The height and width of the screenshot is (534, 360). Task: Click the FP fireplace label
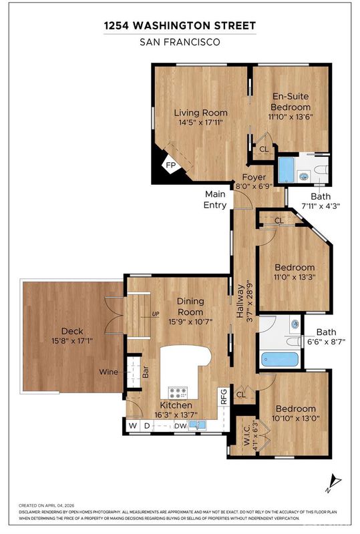(170, 166)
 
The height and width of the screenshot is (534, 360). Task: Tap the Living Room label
(201, 113)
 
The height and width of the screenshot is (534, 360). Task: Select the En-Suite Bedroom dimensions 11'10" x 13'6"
(291, 116)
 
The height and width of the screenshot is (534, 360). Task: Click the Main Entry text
(215, 200)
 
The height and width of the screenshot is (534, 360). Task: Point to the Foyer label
(254, 177)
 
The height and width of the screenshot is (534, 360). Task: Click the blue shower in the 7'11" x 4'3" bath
(287, 170)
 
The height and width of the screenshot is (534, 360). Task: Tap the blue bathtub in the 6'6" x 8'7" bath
(280, 359)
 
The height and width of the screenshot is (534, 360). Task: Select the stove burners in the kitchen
(178, 392)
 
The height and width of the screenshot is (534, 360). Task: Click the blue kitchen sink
(198, 425)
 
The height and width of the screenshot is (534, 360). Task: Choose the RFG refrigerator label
(224, 396)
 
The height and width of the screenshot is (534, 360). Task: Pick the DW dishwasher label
(180, 426)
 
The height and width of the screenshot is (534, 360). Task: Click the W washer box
(133, 426)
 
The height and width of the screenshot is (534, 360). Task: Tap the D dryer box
(146, 426)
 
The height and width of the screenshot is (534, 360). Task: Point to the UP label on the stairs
(156, 314)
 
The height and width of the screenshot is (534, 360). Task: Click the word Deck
(72, 331)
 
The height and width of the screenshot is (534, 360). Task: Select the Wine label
(108, 372)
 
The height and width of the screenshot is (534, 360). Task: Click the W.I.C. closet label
(247, 434)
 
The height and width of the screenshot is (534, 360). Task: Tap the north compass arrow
(333, 483)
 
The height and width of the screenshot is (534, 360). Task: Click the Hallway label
(240, 302)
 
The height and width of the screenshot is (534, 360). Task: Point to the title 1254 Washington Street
(180, 26)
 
